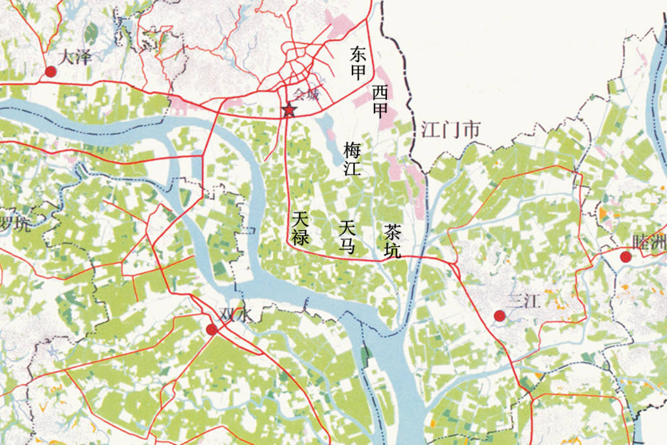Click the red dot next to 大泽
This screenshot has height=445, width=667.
pyautogui.click(x=50, y=72)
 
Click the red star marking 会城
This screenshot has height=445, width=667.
pyautogui.click(x=289, y=110)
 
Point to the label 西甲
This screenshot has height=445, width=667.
pyautogui.click(x=380, y=102)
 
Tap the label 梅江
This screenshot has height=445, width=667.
pyautogui.click(x=352, y=160)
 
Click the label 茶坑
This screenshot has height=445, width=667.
pyautogui.click(x=393, y=241)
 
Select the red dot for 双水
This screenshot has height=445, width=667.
pyautogui.click(x=212, y=330)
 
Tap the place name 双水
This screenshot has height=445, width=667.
pyautogui.click(x=235, y=315)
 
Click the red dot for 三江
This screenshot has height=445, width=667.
pyautogui.click(x=500, y=316)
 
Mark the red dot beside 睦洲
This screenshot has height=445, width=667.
pyautogui.click(x=626, y=257)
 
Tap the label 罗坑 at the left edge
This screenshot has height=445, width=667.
pyautogui.click(x=14, y=223)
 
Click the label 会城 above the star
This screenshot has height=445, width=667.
pyautogui.click(x=307, y=94)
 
